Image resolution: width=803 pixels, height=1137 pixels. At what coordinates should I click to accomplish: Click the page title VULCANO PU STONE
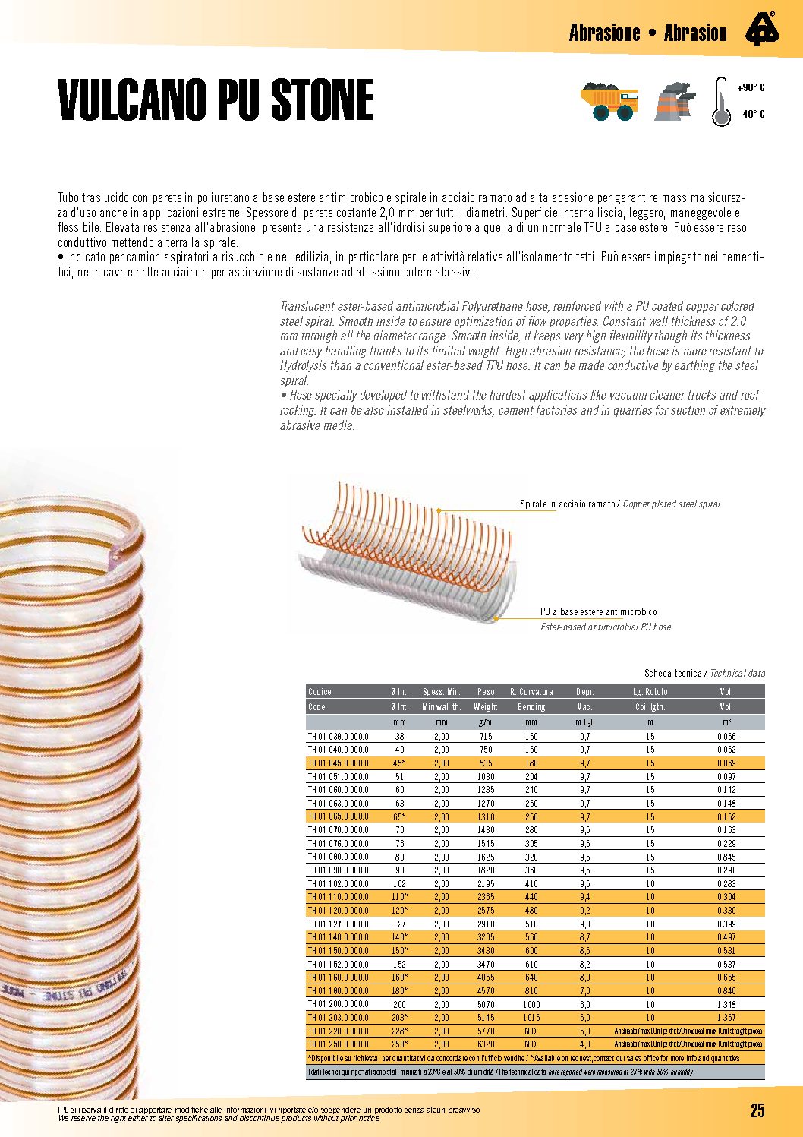pyautogui.click(x=216, y=100)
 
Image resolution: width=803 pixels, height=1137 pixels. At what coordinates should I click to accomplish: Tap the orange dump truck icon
pyautogui.click(x=609, y=103)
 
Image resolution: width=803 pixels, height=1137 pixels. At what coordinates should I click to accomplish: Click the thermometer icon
pyautogui.click(x=721, y=101)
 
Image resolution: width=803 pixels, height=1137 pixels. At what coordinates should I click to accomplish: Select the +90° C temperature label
pyautogui.click(x=751, y=88)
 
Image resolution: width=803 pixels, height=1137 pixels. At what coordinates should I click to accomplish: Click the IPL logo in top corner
pyautogui.click(x=761, y=30)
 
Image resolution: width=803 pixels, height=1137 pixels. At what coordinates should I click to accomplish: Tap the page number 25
pyautogui.click(x=757, y=1110)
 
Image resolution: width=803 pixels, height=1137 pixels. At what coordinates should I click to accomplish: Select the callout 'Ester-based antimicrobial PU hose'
pyautogui.click(x=606, y=627)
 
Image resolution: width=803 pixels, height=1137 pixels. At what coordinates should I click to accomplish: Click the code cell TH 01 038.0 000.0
pyautogui.click(x=338, y=737)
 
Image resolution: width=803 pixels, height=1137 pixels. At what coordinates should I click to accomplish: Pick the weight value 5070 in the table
pyautogui.click(x=486, y=1004)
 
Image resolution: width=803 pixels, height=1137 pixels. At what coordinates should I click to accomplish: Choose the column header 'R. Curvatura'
pyautogui.click(x=531, y=692)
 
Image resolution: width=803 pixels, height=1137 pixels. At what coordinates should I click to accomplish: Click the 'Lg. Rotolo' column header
pyautogui.click(x=650, y=692)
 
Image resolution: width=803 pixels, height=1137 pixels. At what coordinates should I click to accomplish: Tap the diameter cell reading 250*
pyautogui.click(x=399, y=1044)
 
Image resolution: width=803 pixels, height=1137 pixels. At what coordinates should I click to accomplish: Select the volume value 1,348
pyautogui.click(x=726, y=1004)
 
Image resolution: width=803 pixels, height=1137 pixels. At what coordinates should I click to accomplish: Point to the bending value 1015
pyautogui.click(x=531, y=1018)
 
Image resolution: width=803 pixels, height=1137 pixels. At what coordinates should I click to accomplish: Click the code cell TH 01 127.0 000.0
pyautogui.click(x=338, y=924)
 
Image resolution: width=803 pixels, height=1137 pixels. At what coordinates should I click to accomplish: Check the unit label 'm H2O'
pyautogui.click(x=584, y=722)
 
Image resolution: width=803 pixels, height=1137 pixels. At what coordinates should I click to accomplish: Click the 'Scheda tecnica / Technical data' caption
pyautogui.click(x=704, y=674)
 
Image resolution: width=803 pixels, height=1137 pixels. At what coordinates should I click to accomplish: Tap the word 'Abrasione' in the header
pyautogui.click(x=605, y=33)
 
